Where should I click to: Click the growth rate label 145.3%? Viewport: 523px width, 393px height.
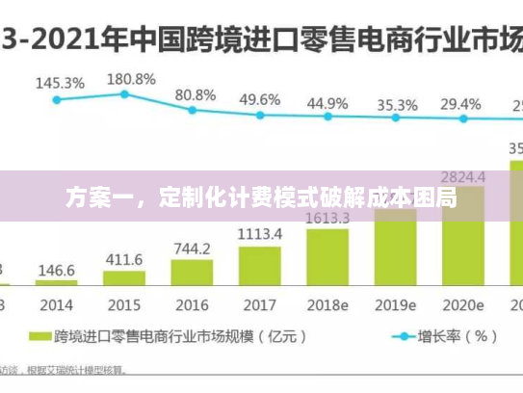click(x=60, y=83)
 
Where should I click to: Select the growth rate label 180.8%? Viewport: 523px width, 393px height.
click(x=131, y=78)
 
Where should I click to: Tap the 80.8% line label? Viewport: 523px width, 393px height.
click(x=196, y=94)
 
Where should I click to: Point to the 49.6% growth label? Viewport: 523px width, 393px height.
click(x=260, y=99)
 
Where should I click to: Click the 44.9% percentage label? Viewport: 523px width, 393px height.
click(x=327, y=102)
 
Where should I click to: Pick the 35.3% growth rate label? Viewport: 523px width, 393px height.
click(x=397, y=104)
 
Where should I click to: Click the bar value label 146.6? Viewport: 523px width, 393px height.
click(x=57, y=269)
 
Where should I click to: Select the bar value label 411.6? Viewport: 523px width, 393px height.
click(x=124, y=259)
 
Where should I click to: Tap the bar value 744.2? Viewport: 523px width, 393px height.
click(x=192, y=249)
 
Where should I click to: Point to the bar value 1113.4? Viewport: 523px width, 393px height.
click(x=260, y=234)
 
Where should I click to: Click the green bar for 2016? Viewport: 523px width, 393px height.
click(x=192, y=273)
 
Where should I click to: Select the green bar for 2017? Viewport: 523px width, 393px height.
click(x=260, y=266)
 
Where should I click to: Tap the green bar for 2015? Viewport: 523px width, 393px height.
click(x=124, y=278)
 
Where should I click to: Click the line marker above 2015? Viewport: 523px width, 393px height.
click(x=124, y=93)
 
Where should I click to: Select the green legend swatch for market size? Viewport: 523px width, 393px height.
click(x=39, y=338)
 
